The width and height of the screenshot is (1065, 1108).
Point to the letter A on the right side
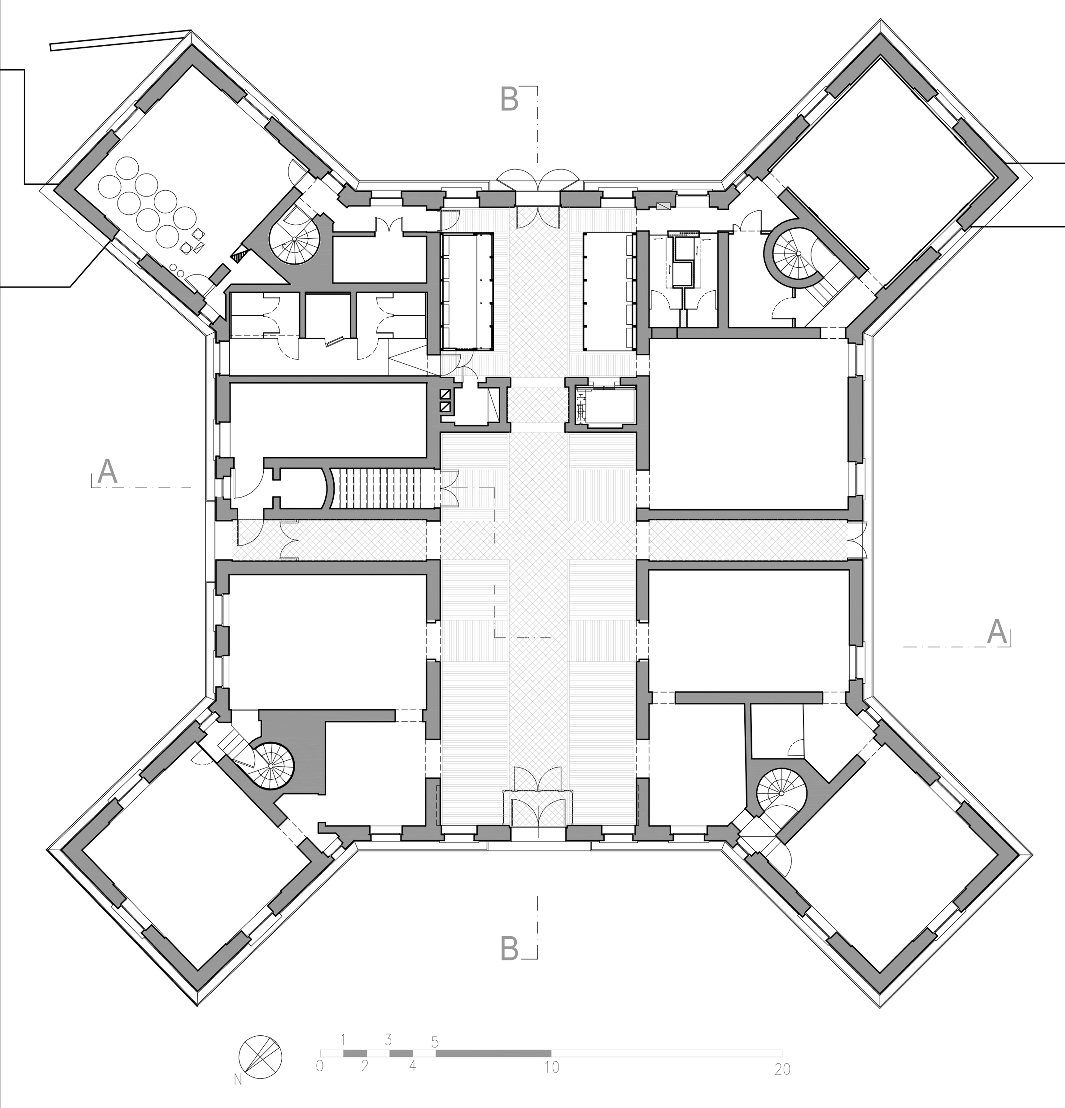click(x=997, y=632)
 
